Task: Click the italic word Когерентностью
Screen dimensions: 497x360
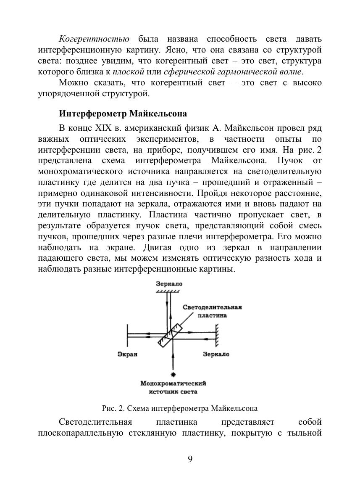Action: pyautogui.click(x=94, y=39)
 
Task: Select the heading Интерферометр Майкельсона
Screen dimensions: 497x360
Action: pyautogui.click(x=123, y=114)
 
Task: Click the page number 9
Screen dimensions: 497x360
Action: pyautogui.click(x=190, y=459)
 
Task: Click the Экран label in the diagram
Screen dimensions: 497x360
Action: pyautogui.click(x=127, y=354)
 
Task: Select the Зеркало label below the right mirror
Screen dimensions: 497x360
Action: pyautogui.click(x=216, y=354)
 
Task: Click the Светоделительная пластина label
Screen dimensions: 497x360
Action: pyautogui.click(x=212, y=311)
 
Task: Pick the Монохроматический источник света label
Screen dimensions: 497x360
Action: pyautogui.click(x=173, y=387)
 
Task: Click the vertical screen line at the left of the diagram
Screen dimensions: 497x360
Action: pyautogui.click(x=127, y=335)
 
